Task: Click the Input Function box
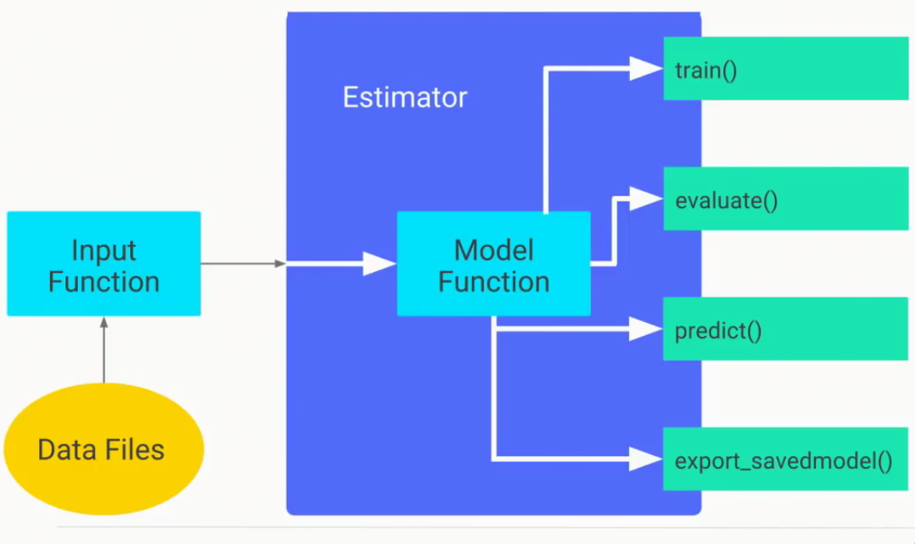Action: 103,264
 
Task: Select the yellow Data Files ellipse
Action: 103,449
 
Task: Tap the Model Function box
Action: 493,264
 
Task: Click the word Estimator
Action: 405,97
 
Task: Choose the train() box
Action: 785,69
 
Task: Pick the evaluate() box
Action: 785,199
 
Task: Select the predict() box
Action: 785,330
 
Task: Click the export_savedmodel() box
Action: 785,460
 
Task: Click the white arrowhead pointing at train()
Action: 645,69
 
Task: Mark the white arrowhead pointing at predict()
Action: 645,329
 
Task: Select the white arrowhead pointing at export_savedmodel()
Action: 645,459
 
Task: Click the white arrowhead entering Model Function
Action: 379,264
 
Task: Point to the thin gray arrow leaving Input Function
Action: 242,264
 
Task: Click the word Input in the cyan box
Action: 103,250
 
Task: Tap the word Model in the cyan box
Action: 493,249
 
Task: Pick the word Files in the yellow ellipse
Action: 134,450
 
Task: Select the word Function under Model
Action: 493,281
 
